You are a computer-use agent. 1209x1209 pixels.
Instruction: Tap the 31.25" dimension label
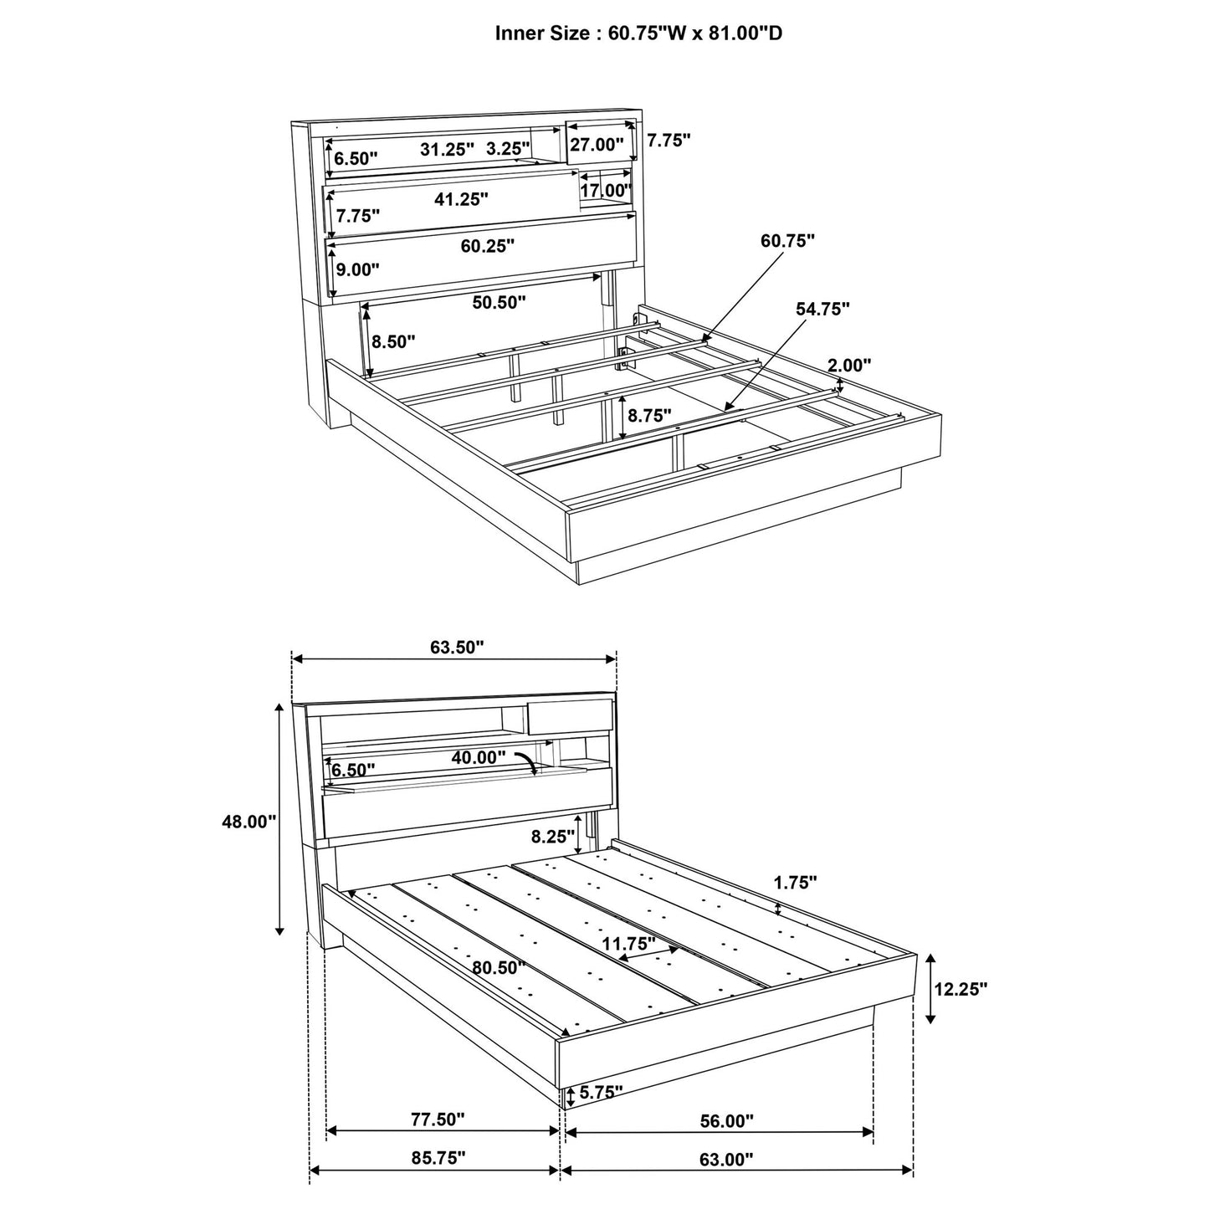447,149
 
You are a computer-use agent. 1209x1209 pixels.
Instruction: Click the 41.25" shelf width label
461,199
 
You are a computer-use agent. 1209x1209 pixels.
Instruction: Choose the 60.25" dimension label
487,245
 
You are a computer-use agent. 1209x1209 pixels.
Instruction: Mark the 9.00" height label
357,269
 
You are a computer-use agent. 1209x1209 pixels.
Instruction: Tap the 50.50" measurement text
499,302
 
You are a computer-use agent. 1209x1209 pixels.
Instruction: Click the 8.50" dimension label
392,341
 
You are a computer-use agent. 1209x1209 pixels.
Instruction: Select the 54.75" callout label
822,309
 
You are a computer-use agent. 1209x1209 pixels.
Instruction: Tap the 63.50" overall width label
457,647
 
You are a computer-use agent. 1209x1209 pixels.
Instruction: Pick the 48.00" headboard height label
248,822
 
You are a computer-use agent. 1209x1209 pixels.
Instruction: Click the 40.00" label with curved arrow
479,757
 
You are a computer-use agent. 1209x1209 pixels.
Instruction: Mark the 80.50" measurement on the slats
499,968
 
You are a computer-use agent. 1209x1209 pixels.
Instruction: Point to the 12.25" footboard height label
961,988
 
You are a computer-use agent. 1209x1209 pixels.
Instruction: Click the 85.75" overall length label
438,1158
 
